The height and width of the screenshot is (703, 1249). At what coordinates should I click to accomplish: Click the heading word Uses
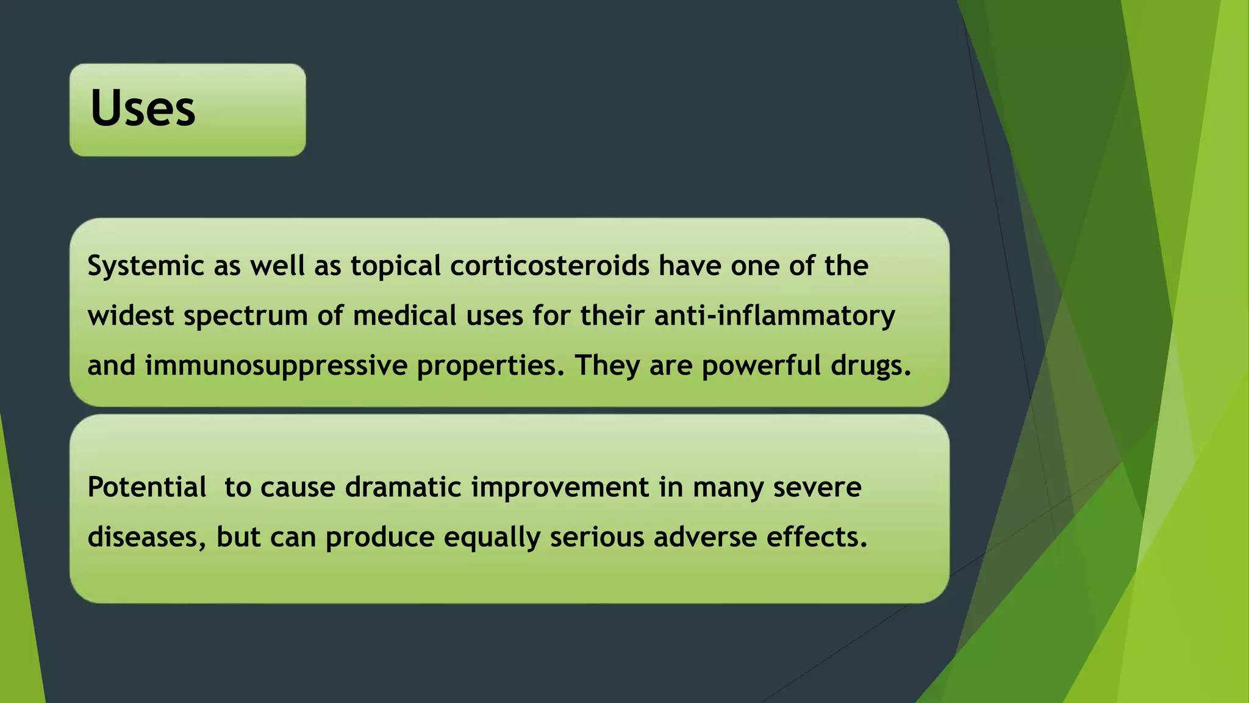[x=143, y=109]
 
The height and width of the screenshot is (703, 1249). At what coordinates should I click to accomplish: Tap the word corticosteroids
[x=550, y=266]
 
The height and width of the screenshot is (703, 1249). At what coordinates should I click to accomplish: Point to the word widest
[x=131, y=316]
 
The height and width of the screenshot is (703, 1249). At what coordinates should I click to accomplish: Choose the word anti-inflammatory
[x=775, y=316]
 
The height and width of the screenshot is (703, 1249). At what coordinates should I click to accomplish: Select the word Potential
[x=146, y=488]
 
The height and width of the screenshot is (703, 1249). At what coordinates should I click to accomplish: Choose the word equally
[x=492, y=538]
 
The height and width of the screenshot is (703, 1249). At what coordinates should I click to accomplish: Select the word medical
[x=404, y=316]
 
